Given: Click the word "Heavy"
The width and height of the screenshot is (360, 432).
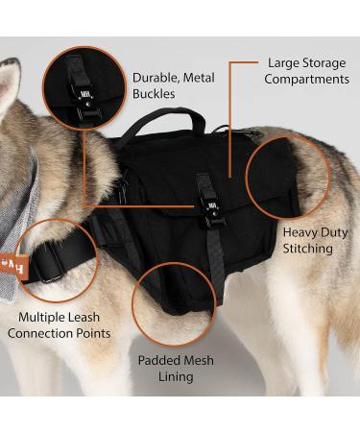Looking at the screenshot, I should (292, 231).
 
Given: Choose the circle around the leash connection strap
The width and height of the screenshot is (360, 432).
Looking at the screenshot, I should (57, 259).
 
